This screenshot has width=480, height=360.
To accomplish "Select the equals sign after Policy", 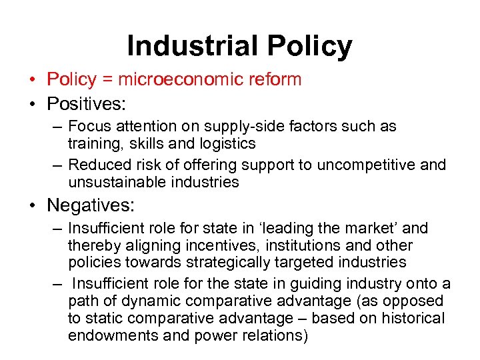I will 107,80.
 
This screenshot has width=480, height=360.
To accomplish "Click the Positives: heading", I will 86,104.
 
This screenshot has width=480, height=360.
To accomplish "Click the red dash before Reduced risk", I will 58,165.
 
